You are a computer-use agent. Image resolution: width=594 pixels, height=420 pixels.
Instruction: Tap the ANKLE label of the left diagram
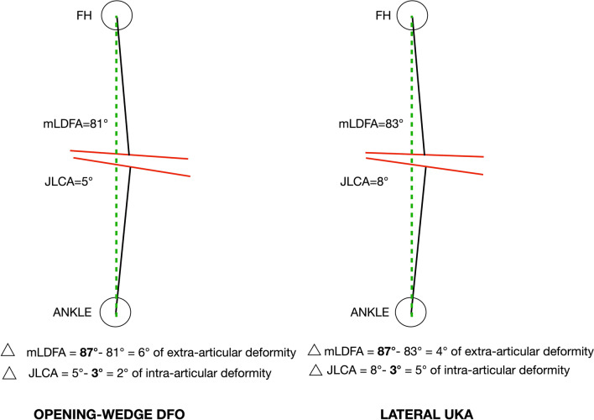(68, 312)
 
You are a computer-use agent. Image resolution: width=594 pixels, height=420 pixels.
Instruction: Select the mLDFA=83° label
(369, 123)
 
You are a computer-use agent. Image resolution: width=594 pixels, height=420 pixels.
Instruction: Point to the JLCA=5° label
(71, 180)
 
